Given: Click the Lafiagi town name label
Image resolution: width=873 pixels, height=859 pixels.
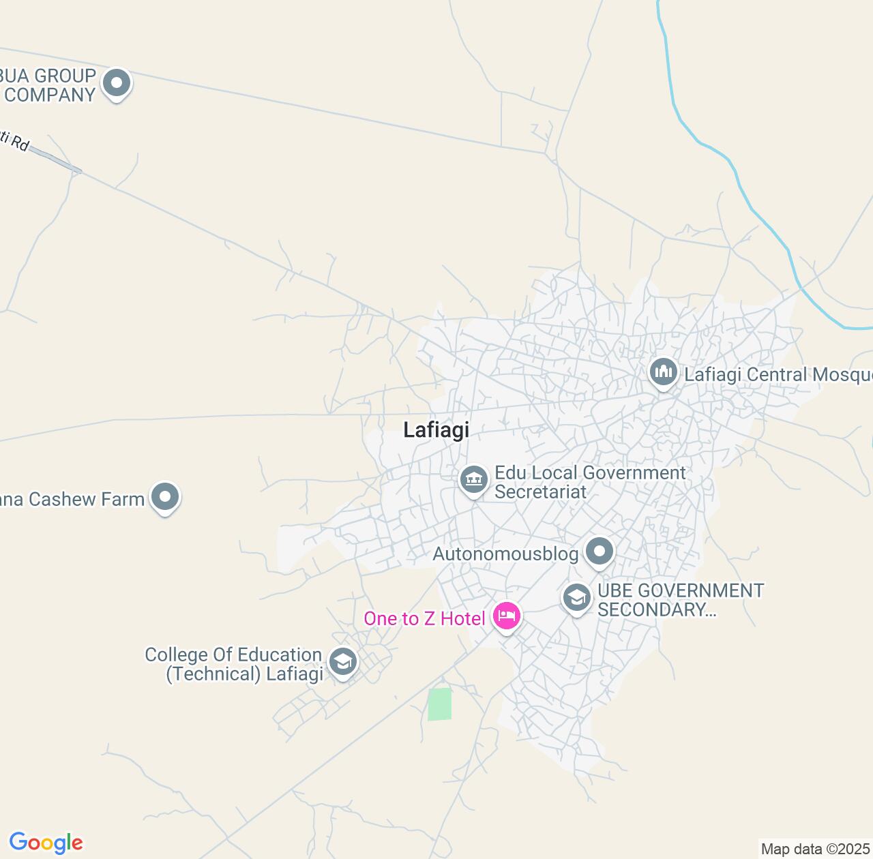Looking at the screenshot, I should click(x=436, y=430).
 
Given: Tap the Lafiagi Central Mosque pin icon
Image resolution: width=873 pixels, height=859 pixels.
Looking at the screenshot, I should click(x=663, y=372).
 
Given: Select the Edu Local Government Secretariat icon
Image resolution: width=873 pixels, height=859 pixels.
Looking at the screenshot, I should click(x=474, y=480).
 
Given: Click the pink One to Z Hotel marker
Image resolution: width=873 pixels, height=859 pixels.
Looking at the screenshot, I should click(x=506, y=616).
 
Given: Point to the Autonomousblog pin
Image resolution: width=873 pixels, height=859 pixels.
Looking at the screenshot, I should click(x=600, y=552).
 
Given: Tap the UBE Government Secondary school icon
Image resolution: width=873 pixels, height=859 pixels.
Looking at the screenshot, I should click(x=576, y=598).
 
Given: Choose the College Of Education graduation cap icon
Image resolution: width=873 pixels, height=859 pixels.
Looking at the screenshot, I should click(x=342, y=661).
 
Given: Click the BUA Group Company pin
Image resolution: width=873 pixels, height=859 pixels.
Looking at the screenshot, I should click(x=117, y=83).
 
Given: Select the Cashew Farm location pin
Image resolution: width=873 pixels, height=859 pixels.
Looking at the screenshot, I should click(x=164, y=497).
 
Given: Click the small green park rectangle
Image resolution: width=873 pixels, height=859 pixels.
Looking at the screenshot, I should click(x=440, y=704).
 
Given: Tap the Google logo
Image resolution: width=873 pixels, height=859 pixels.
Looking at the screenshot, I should click(x=46, y=843).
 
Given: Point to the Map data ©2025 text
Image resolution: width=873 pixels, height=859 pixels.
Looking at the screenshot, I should click(x=815, y=849).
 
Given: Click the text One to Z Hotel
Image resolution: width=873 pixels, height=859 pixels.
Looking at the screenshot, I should click(x=424, y=618).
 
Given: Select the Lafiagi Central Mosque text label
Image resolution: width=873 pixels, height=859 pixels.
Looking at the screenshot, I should click(x=778, y=374).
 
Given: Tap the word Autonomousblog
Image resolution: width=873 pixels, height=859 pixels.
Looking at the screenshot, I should click(x=505, y=554).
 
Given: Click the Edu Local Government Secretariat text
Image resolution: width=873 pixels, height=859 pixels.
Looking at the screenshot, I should click(x=590, y=482).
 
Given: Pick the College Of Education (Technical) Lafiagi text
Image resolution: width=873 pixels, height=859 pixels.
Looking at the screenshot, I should click(x=233, y=664).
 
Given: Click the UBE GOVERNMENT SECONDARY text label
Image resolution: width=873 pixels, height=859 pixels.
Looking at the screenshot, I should click(x=680, y=600).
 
